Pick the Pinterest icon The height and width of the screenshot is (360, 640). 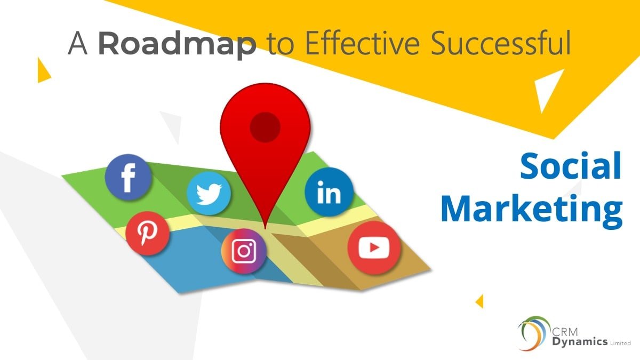coord(148,233)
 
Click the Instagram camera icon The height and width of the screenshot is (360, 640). coord(244,251)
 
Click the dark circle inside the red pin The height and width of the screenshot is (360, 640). coord(265,126)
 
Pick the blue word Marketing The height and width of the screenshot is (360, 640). coord(531,210)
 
